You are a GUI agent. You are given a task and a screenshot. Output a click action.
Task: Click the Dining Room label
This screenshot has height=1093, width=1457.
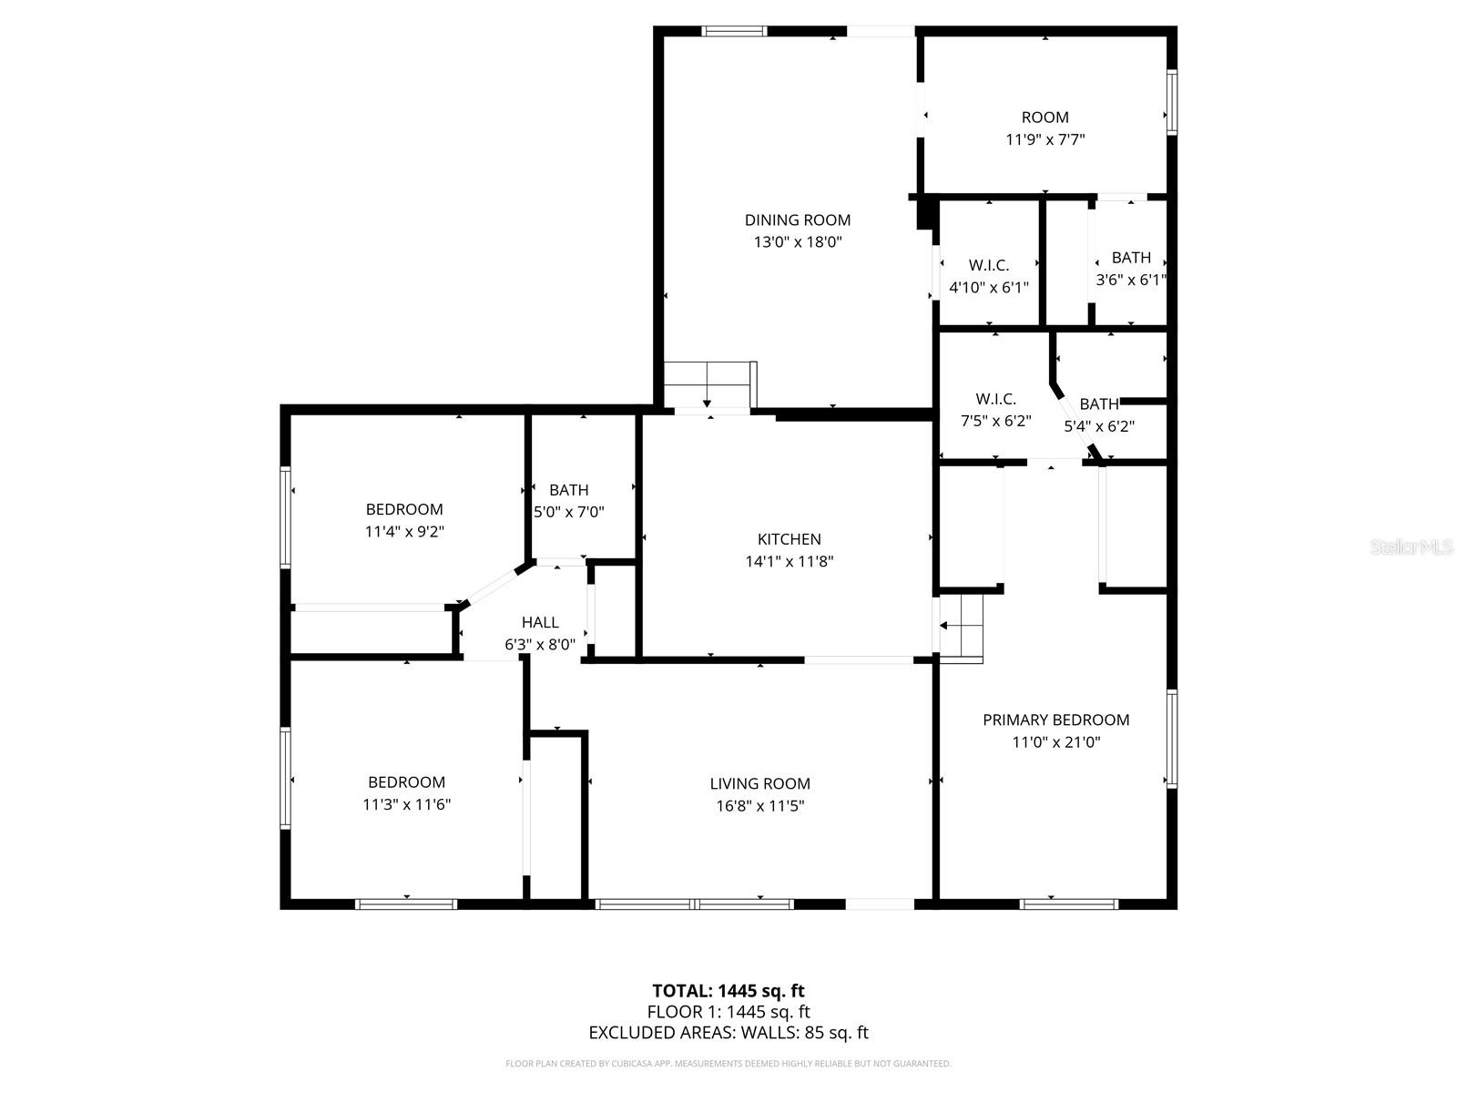click(x=798, y=220)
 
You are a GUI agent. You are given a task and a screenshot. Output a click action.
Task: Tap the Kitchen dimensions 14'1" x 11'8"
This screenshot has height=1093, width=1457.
click(x=790, y=562)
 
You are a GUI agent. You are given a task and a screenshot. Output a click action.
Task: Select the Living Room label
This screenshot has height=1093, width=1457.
click(x=759, y=783)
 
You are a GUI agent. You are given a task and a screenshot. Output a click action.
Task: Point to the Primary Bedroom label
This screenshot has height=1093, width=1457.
click(x=1055, y=720)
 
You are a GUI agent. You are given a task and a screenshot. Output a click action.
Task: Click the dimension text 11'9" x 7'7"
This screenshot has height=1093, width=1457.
click(x=1044, y=139)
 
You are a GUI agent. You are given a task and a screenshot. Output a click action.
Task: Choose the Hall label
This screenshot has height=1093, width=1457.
click(x=540, y=622)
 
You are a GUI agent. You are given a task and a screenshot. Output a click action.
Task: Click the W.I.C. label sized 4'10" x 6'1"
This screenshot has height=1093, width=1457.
click(x=989, y=265)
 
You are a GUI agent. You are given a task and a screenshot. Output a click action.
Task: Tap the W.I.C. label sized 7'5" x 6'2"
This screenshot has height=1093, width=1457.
click(x=995, y=399)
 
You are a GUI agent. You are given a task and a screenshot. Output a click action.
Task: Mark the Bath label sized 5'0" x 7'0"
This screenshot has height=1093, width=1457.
click(x=568, y=490)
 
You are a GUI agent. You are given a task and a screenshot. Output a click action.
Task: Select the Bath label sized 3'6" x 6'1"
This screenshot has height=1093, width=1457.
click(x=1131, y=258)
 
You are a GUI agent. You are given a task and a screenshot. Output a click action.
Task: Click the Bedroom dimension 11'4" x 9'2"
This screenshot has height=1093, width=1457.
click(x=404, y=531)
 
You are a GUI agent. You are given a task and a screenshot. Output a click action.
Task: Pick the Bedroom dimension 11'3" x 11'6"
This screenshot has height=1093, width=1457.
click(x=406, y=804)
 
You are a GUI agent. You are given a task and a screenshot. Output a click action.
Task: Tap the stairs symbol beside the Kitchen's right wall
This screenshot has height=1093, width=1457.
click(x=962, y=626)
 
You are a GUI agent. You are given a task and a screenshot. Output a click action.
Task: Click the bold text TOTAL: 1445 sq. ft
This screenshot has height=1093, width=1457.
click(x=728, y=990)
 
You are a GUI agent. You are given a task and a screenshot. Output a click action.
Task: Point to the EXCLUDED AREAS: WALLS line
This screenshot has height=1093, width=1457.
click(x=728, y=1032)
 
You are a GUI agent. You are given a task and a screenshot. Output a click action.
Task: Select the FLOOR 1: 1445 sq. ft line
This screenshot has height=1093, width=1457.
click(x=728, y=1011)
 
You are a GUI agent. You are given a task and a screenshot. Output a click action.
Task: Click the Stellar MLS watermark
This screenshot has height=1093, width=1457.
click(x=1411, y=547)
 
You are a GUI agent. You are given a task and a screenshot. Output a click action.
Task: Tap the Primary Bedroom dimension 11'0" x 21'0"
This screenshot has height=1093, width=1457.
click(x=1055, y=741)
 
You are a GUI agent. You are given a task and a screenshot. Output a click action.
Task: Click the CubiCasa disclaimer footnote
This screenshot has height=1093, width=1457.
click(x=728, y=1063)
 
